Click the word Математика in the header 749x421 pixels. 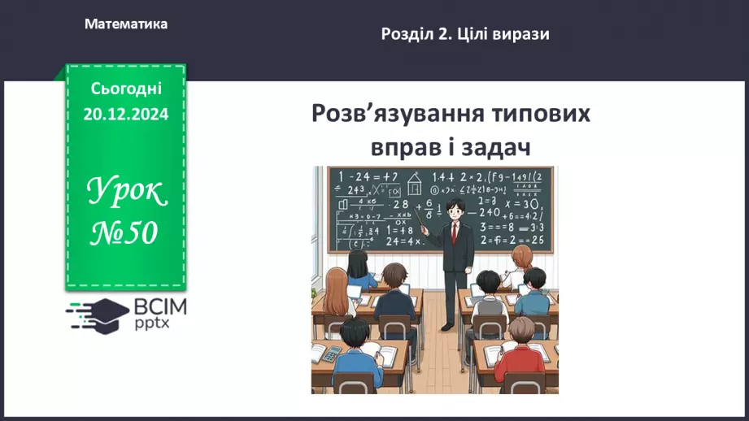(126, 24)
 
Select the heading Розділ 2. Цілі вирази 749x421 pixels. (464, 34)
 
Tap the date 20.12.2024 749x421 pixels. (125, 115)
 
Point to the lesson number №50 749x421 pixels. (124, 233)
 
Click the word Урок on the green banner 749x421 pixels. (125, 193)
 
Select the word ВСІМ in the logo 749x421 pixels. (160, 306)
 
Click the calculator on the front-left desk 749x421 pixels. (329, 354)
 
